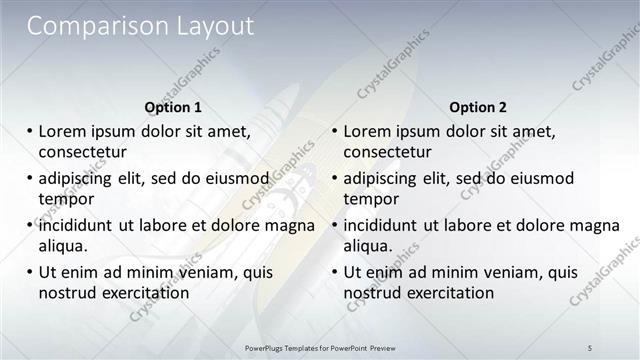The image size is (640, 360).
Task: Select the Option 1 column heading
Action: pos(173,106)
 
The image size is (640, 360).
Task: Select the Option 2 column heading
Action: pos(478,106)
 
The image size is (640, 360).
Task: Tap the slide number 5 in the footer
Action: pos(590,346)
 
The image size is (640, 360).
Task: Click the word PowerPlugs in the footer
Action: pos(268,346)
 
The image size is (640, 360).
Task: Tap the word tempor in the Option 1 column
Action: pos(65,199)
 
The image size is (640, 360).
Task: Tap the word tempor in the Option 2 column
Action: pos(371,199)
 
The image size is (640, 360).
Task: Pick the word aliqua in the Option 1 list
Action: pos(63,246)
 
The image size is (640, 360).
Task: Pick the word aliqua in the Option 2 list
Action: pos(369,246)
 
